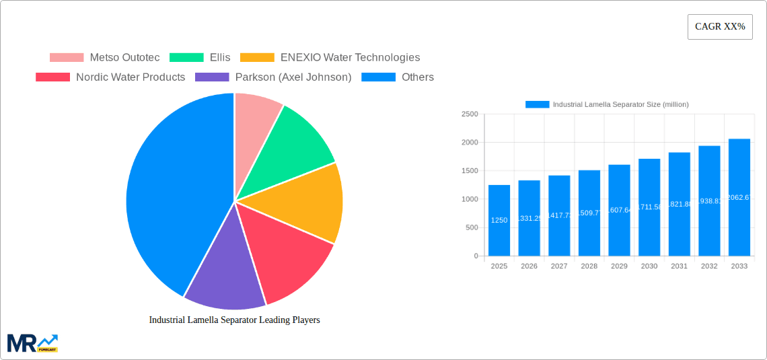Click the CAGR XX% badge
[x=719, y=27]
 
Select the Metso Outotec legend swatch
[x=67, y=58]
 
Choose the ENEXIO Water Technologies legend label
[x=350, y=58]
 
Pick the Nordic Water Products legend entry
[x=130, y=77]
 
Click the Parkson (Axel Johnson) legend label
[x=293, y=77]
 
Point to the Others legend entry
[x=417, y=77]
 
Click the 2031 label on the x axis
[x=679, y=266]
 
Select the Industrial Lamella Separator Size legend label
[x=620, y=104]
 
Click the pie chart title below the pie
[x=234, y=320]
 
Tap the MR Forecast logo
[x=32, y=343]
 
